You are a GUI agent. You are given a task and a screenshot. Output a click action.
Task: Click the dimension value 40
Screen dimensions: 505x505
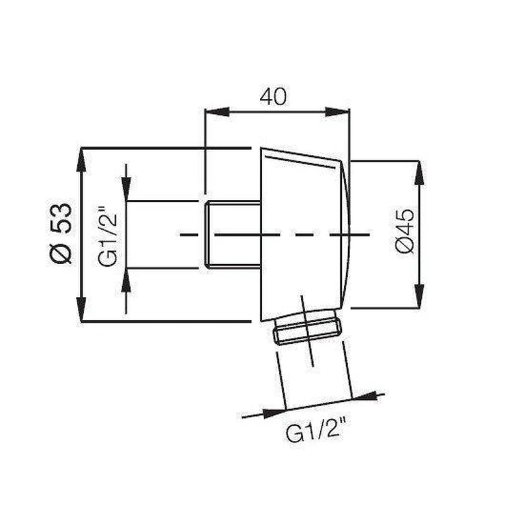(x=273, y=97)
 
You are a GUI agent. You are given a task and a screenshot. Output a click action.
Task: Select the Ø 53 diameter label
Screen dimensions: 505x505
(x=61, y=234)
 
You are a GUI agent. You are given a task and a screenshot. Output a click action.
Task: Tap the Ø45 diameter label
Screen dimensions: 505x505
(x=405, y=231)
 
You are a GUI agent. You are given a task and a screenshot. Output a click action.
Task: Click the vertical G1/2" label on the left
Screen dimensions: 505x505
(x=107, y=236)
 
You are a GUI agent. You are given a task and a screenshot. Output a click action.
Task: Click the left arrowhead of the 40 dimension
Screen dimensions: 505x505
(x=217, y=112)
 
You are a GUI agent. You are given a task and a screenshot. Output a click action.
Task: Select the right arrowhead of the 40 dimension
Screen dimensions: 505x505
(x=337, y=112)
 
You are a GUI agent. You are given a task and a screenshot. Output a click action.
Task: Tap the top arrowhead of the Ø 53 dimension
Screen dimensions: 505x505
(x=81, y=160)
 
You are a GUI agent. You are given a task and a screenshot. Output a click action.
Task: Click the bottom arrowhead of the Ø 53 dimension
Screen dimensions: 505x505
(x=81, y=309)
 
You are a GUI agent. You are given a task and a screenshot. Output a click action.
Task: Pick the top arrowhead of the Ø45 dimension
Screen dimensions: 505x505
(x=419, y=173)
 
